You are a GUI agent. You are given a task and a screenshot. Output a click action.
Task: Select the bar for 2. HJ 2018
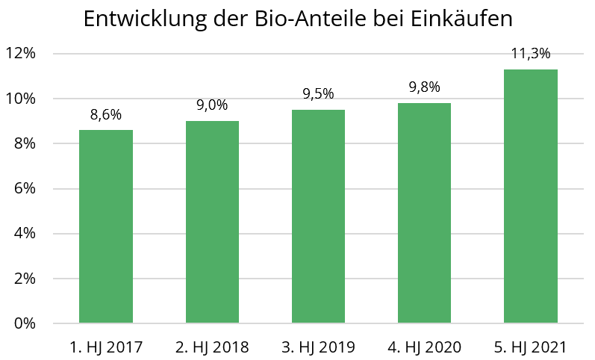(x=212, y=222)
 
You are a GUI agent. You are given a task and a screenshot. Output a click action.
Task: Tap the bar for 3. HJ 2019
(x=318, y=217)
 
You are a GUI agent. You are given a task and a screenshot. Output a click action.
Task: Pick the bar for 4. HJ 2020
(x=424, y=213)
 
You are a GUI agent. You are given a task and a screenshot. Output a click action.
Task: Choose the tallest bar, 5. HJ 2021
(x=531, y=196)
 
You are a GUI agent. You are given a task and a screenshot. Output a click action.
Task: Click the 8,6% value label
(x=106, y=115)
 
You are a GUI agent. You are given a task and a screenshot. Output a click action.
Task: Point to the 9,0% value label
(x=212, y=105)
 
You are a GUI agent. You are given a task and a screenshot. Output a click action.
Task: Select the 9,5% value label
(x=318, y=94)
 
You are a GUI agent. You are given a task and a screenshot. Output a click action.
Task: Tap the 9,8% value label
(x=424, y=87)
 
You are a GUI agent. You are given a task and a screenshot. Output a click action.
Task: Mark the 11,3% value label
(x=531, y=54)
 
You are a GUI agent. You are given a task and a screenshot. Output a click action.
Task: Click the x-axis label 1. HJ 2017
(x=106, y=347)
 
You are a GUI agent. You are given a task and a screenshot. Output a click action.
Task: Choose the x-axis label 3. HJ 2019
(x=318, y=347)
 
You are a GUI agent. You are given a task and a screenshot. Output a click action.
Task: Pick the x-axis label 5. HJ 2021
(x=531, y=347)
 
